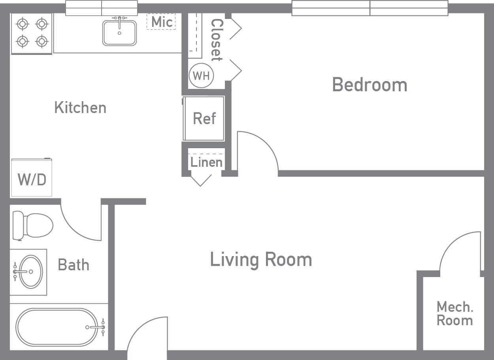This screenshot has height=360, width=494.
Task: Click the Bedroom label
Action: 370,85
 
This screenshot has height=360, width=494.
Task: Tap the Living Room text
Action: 261,260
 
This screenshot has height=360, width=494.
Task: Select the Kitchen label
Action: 80,107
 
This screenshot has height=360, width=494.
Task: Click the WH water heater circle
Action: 201,75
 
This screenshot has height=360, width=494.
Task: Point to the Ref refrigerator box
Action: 204,118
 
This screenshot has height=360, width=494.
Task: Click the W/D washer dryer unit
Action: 32,178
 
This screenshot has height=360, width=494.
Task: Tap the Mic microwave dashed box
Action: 161,22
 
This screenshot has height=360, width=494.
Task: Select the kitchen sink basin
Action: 119,33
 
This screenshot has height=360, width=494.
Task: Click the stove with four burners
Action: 32,33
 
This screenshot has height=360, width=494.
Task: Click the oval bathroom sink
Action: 31,272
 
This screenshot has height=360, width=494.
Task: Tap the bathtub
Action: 57,327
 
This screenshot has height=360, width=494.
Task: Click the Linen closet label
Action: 206,162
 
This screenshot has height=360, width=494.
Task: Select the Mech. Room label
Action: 454,313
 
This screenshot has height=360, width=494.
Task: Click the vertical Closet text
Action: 216,40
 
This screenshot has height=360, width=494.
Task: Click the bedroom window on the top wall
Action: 370,8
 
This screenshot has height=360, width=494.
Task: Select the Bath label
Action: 74,264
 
